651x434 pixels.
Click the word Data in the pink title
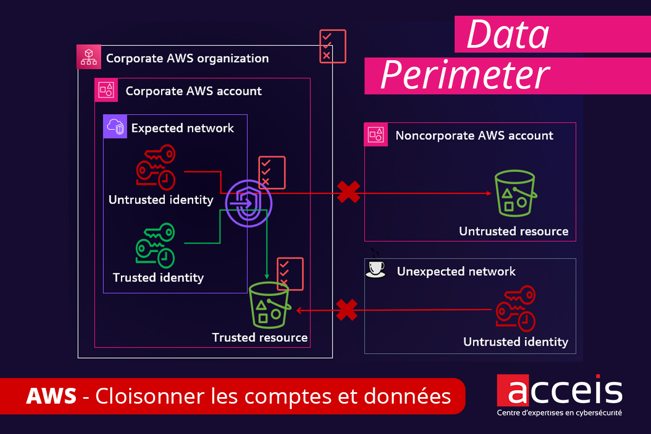508,34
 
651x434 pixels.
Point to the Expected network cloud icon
115,127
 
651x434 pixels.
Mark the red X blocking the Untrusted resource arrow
348,193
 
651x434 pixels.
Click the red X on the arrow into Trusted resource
347,310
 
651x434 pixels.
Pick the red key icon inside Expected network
156,169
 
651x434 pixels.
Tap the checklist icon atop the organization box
333,46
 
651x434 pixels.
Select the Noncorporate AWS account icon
376,135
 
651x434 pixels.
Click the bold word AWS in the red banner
51,397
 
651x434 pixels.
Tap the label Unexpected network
456,271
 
